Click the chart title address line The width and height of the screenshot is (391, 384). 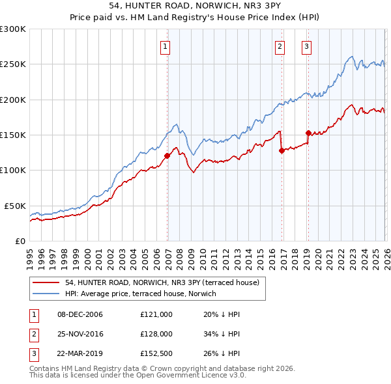pyautogui.click(x=195, y=5)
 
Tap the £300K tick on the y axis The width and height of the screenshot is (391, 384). pyautogui.click(x=13, y=29)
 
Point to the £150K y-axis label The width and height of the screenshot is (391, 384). pyautogui.click(x=13, y=135)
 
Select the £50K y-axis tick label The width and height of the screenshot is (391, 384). pyautogui.click(x=15, y=206)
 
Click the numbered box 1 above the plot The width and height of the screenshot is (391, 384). pyautogui.click(x=166, y=46)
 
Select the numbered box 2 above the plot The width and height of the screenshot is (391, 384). pyautogui.click(x=280, y=46)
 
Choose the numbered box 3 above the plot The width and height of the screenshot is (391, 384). pyautogui.click(x=306, y=46)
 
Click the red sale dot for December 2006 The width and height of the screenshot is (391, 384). pyautogui.click(x=167, y=156)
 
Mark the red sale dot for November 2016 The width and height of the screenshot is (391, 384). pyautogui.click(x=282, y=150)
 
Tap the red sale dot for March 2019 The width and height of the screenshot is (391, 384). pyautogui.click(x=308, y=133)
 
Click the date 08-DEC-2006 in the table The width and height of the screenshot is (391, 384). pyautogui.click(x=80, y=314)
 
